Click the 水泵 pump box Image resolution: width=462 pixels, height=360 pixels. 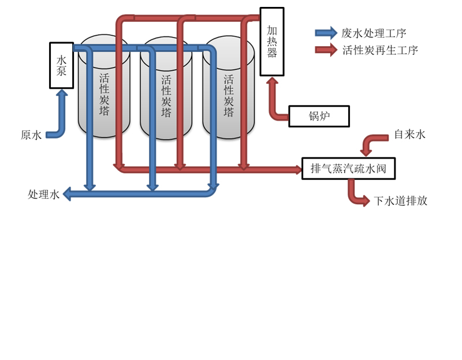[x=61, y=65]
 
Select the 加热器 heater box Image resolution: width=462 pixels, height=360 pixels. [x=272, y=42]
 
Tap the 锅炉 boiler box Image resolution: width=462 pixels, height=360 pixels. [x=319, y=117]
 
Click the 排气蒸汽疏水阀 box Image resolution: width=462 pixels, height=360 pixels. [x=349, y=168]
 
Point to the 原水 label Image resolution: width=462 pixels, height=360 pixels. [x=31, y=135]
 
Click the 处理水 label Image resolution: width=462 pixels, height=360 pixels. [x=44, y=194]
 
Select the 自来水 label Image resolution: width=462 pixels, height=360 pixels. [x=410, y=134]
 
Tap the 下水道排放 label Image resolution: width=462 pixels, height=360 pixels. [x=400, y=201]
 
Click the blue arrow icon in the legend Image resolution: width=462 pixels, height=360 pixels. [x=326, y=33]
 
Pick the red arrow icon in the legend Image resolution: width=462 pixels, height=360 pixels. [x=326, y=50]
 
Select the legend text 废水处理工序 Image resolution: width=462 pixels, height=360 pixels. [x=374, y=33]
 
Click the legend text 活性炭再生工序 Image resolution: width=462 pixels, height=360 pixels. [x=380, y=50]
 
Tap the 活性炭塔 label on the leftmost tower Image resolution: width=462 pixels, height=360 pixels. [x=104, y=94]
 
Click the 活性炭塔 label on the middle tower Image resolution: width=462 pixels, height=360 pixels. [x=166, y=96]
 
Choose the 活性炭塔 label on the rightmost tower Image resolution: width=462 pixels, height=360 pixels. [x=229, y=96]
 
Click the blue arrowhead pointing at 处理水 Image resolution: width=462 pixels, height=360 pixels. [x=67, y=194]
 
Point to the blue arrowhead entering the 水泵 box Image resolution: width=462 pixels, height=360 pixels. [x=62, y=92]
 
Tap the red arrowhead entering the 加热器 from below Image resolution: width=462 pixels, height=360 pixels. [x=272, y=80]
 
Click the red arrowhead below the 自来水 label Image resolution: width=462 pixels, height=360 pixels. [x=366, y=152]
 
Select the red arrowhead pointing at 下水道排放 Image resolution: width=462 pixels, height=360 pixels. [x=366, y=201]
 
